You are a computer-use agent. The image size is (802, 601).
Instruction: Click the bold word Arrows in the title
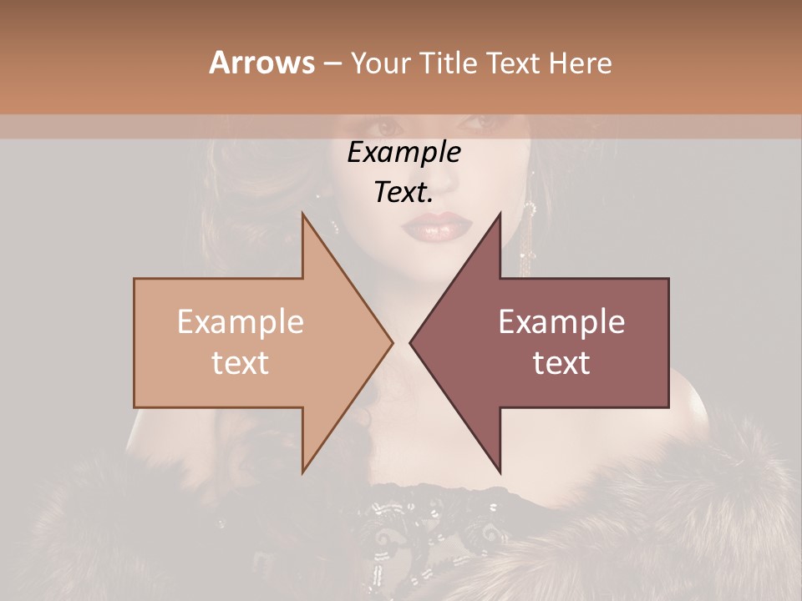pos(261,63)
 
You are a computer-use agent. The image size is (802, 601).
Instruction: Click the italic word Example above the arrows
pos(404,153)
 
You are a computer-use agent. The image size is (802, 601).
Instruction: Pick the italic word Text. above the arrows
pos(404,193)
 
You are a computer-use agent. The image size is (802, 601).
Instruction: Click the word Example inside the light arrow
pos(240,322)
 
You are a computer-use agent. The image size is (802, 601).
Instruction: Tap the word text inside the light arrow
pos(240,363)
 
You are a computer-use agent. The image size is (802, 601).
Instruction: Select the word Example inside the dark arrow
pos(561,322)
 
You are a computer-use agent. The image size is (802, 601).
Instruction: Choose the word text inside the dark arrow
pos(561,363)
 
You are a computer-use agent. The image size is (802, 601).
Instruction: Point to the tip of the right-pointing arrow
pos(392,342)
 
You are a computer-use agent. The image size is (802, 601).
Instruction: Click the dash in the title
pos(332,63)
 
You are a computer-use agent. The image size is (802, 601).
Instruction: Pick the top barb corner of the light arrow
pos(302,214)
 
